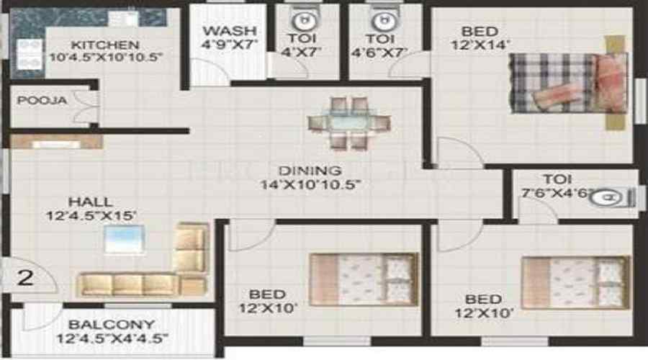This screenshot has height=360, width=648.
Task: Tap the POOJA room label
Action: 42,101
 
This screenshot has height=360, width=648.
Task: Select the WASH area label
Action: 229,31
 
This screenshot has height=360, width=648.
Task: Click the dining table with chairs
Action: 349,123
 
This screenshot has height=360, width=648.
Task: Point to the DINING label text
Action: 310,171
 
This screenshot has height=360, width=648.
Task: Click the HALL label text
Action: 90,202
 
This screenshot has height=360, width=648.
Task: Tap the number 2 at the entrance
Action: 25,278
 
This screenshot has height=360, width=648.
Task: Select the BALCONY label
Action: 112,325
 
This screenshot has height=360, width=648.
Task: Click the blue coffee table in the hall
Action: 124,240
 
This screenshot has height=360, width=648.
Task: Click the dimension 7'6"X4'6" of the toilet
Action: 546,194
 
